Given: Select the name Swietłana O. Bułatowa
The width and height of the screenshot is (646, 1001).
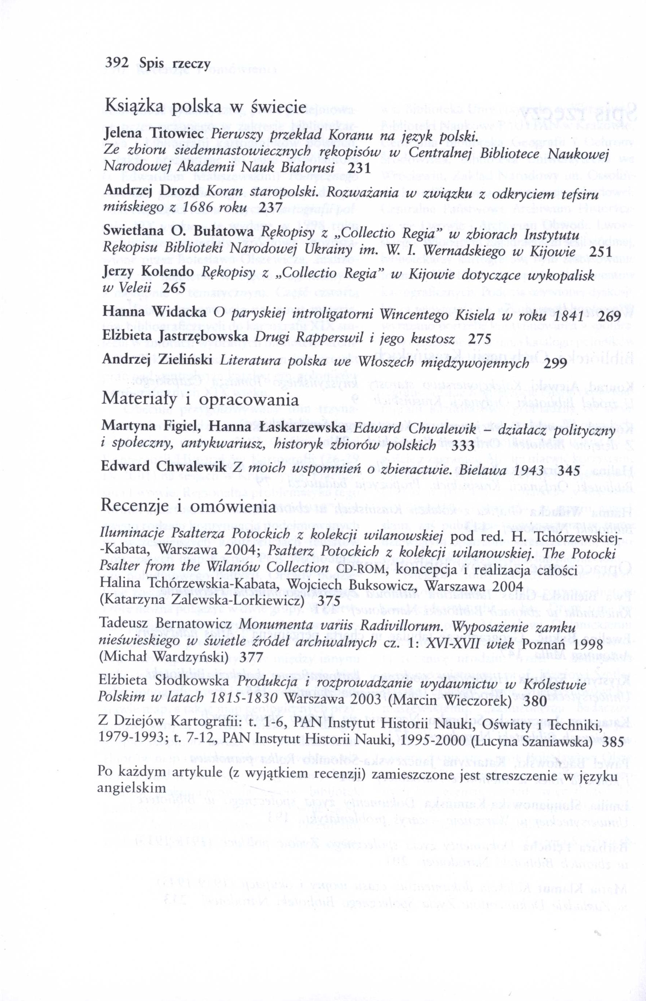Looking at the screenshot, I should pos(177,232).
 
